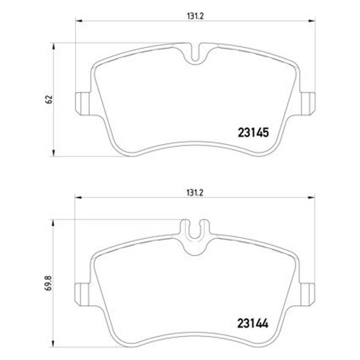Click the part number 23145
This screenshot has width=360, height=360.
point(253,133)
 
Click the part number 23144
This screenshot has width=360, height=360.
point(253,323)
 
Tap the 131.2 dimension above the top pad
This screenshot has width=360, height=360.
point(195,16)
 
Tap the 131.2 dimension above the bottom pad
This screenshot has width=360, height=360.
point(195,193)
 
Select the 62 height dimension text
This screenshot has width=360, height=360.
point(49,99)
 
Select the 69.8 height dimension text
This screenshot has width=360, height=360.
point(49,283)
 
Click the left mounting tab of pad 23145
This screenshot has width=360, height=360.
point(82,104)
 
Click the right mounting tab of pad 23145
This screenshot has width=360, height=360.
point(308,104)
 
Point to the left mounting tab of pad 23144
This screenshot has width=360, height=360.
point(82,295)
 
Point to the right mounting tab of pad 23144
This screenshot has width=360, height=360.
point(308,295)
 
